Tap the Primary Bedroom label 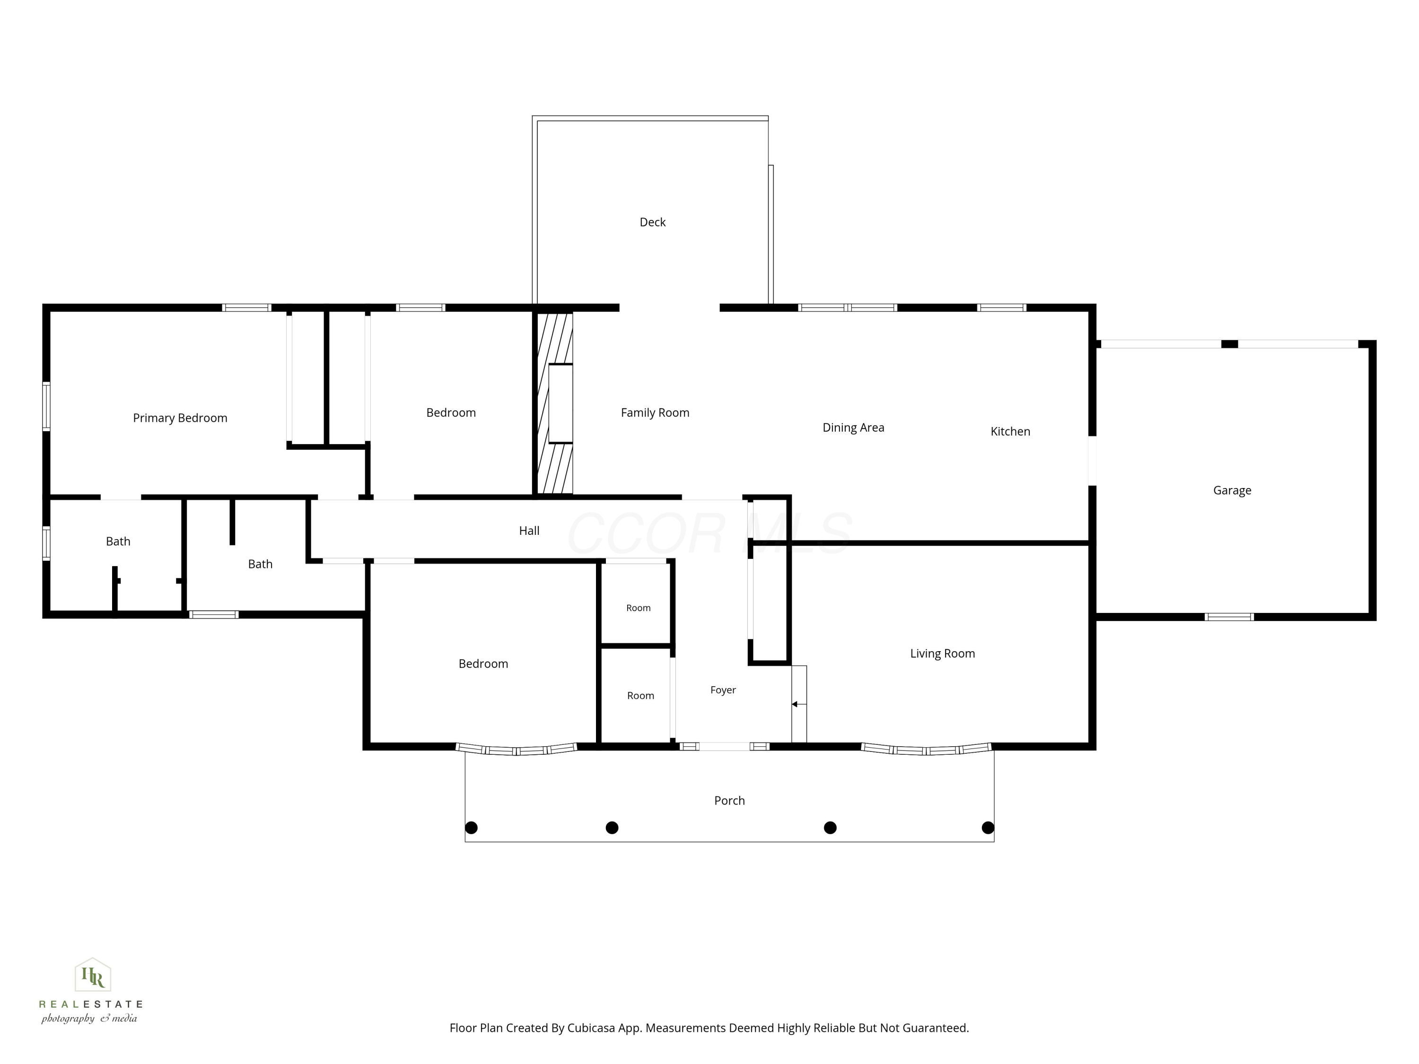click(180, 418)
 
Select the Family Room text click(655, 413)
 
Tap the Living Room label click(942, 654)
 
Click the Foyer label click(723, 690)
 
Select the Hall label click(529, 531)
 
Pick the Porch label click(729, 801)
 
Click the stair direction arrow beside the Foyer click(799, 704)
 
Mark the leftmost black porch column click(471, 828)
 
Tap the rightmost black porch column click(988, 828)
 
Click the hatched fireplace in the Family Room click(555, 403)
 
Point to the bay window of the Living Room click(926, 749)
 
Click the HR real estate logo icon click(93, 976)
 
